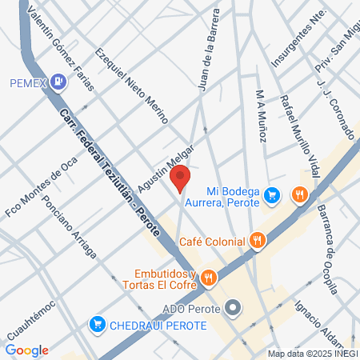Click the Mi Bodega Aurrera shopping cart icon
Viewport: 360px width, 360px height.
click(272, 194)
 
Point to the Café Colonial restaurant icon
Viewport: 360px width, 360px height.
click(257, 238)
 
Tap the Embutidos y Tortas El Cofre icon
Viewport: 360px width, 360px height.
click(207, 278)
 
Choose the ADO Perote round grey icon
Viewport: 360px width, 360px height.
click(233, 307)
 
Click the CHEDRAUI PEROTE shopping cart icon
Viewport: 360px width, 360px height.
click(98, 325)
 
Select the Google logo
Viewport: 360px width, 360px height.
click(26, 350)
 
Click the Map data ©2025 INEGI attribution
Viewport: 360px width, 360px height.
click(312, 353)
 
